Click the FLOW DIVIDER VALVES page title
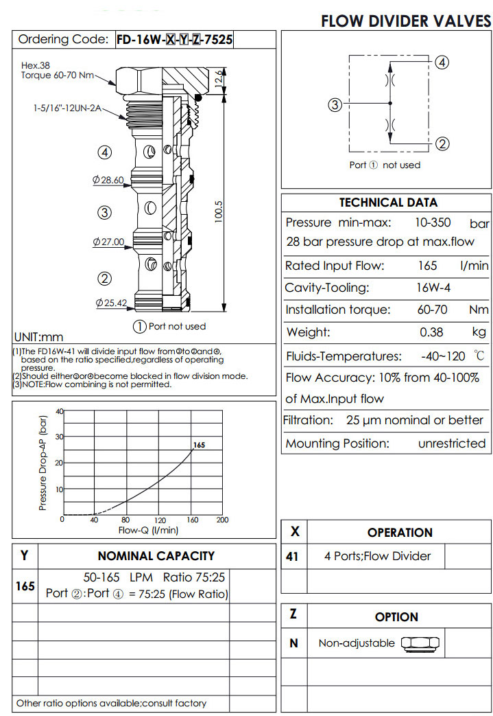point(406,21)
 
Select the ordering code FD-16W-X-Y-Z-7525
point(174,40)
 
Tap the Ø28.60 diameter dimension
point(108,180)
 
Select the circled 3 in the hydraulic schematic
point(335,105)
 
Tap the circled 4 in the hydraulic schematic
point(442,62)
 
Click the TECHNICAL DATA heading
point(388,203)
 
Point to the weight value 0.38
point(432,332)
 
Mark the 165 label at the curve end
point(199,446)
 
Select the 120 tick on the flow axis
point(160,520)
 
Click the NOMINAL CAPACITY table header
point(156,556)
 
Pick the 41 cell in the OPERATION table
point(293,556)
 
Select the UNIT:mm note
point(38,337)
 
